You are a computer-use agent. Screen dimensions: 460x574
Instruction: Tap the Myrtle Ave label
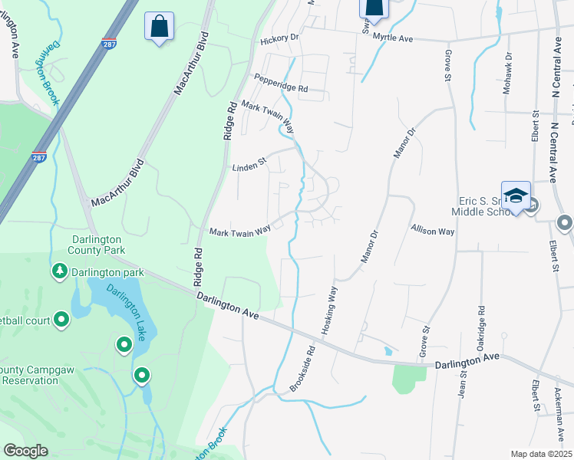(x=393, y=38)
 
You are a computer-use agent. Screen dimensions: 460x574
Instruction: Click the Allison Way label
(x=433, y=229)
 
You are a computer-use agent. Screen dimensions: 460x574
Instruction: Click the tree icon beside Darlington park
(x=60, y=271)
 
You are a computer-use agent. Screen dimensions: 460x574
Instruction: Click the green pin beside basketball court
(x=61, y=320)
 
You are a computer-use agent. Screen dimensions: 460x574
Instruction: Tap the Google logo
(x=26, y=451)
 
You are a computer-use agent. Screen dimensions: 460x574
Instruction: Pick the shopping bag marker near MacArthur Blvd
(x=159, y=26)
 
